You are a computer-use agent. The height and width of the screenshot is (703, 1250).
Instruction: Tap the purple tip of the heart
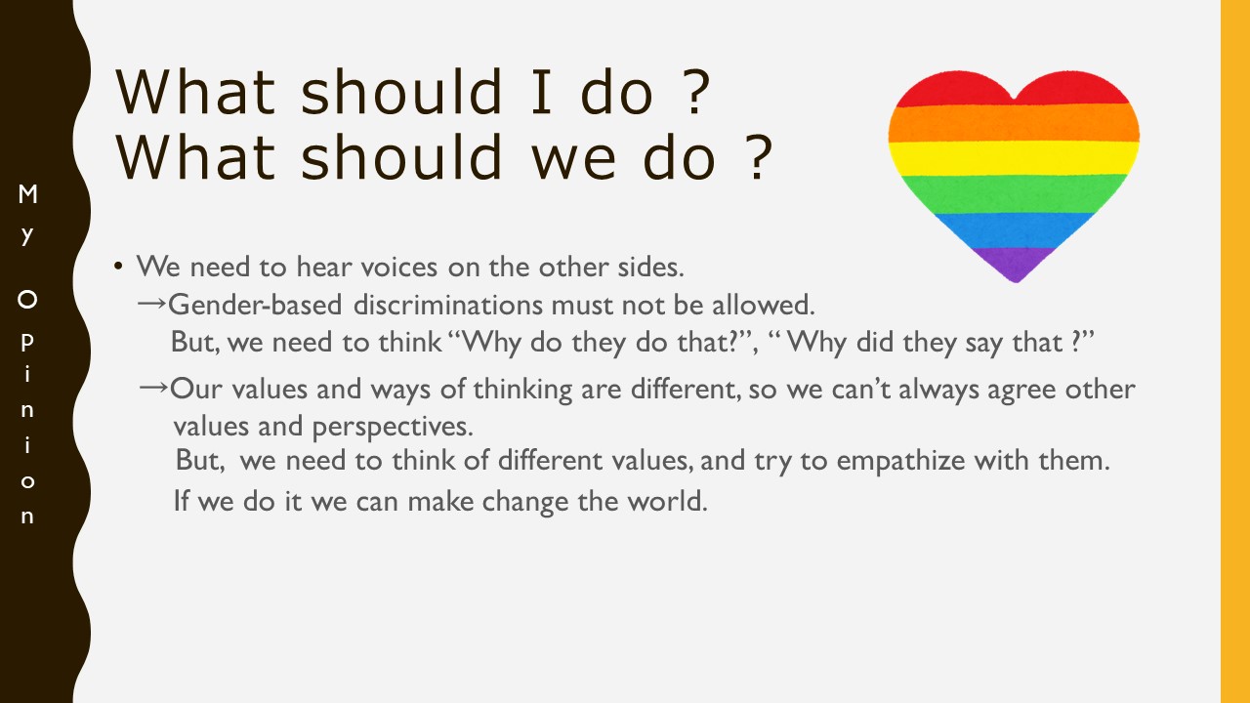(x=1015, y=265)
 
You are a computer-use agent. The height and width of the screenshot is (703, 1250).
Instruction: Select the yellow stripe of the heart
(x=1014, y=158)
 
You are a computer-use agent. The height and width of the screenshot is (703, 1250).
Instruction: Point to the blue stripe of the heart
(x=1015, y=229)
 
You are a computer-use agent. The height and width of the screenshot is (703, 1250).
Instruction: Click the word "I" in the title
(x=541, y=92)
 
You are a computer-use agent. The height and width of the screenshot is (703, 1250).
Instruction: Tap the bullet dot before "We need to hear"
(x=118, y=266)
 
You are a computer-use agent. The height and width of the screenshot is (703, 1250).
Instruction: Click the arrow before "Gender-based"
(x=151, y=303)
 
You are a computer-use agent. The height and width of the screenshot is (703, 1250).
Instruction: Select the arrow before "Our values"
(x=153, y=387)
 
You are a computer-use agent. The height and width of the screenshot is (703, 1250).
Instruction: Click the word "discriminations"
(x=447, y=305)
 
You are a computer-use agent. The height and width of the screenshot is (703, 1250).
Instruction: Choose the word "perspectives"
(x=393, y=428)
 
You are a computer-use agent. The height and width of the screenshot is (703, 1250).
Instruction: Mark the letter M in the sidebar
(x=27, y=194)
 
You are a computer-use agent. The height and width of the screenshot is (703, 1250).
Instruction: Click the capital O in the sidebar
(x=27, y=300)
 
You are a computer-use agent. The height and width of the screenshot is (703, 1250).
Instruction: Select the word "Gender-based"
(x=255, y=305)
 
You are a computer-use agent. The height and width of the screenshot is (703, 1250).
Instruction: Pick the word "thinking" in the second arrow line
(x=522, y=390)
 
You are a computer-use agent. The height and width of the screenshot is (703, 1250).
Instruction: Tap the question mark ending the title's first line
(x=696, y=92)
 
